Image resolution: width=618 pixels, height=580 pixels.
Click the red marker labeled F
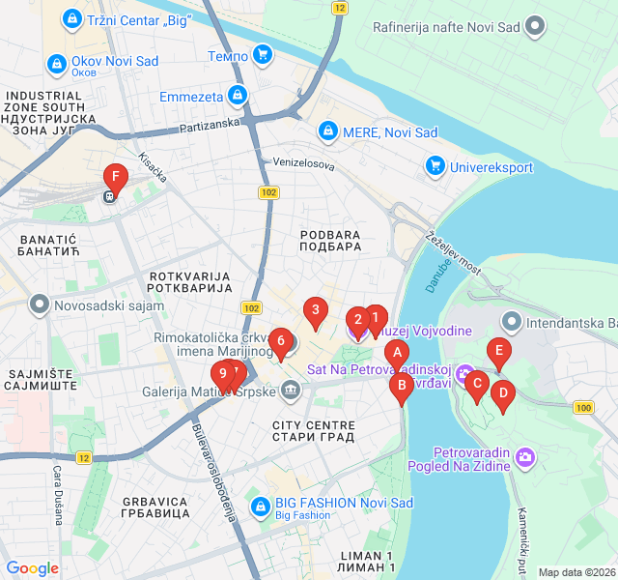click(x=116, y=178)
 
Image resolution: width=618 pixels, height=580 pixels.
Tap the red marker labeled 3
click(x=314, y=311)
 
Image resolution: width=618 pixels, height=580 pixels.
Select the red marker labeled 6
click(x=281, y=340)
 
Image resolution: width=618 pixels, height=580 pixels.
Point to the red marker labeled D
click(x=501, y=393)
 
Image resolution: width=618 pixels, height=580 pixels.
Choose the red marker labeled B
click(x=401, y=386)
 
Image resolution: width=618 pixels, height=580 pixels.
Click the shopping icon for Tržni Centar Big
click(x=70, y=18)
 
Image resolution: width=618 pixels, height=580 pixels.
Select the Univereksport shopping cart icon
click(x=435, y=167)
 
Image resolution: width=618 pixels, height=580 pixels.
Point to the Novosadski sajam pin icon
click(x=40, y=305)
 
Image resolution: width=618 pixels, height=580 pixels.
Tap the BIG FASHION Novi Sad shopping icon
click(x=260, y=506)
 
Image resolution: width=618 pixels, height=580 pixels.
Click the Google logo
click(x=33, y=569)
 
